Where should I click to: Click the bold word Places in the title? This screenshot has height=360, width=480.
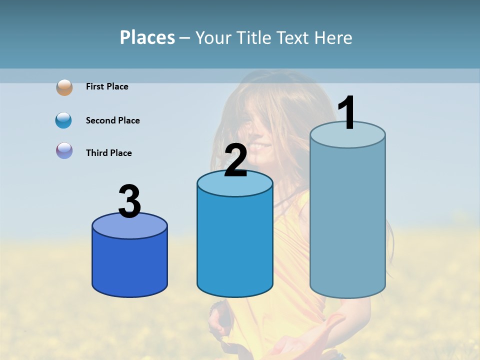(x=147, y=37)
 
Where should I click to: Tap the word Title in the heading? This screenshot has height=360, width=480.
(x=254, y=37)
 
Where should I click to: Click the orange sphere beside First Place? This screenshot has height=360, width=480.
(x=64, y=87)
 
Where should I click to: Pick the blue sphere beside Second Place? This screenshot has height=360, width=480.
(x=64, y=120)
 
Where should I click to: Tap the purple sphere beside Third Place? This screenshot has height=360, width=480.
(x=64, y=150)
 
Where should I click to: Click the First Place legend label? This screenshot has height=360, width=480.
(x=107, y=86)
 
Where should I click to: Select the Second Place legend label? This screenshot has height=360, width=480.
(x=112, y=120)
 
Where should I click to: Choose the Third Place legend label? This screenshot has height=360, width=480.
(x=108, y=153)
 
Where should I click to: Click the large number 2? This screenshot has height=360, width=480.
(x=235, y=160)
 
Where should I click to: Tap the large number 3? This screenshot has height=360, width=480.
(x=129, y=201)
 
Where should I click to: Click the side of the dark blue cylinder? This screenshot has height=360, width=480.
(x=129, y=265)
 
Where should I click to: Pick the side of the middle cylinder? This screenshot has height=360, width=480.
(x=235, y=245)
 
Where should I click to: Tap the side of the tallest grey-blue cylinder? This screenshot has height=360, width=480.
(x=347, y=220)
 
